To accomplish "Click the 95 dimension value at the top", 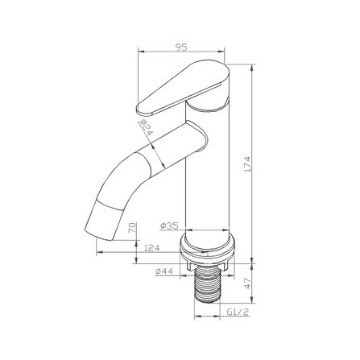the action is pyautogui.click(x=181, y=48).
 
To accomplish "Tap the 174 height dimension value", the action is pyautogui.click(x=247, y=163).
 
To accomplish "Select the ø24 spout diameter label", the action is pyautogui.click(x=146, y=127).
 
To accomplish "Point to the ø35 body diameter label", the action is pyautogui.click(x=169, y=226).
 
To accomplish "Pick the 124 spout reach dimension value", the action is pyautogui.click(x=152, y=247).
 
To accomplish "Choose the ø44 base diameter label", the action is pyautogui.click(x=163, y=271).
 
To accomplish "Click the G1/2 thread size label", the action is pyautogui.click(x=238, y=312).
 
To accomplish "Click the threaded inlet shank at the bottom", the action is pyautogui.click(x=207, y=283).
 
